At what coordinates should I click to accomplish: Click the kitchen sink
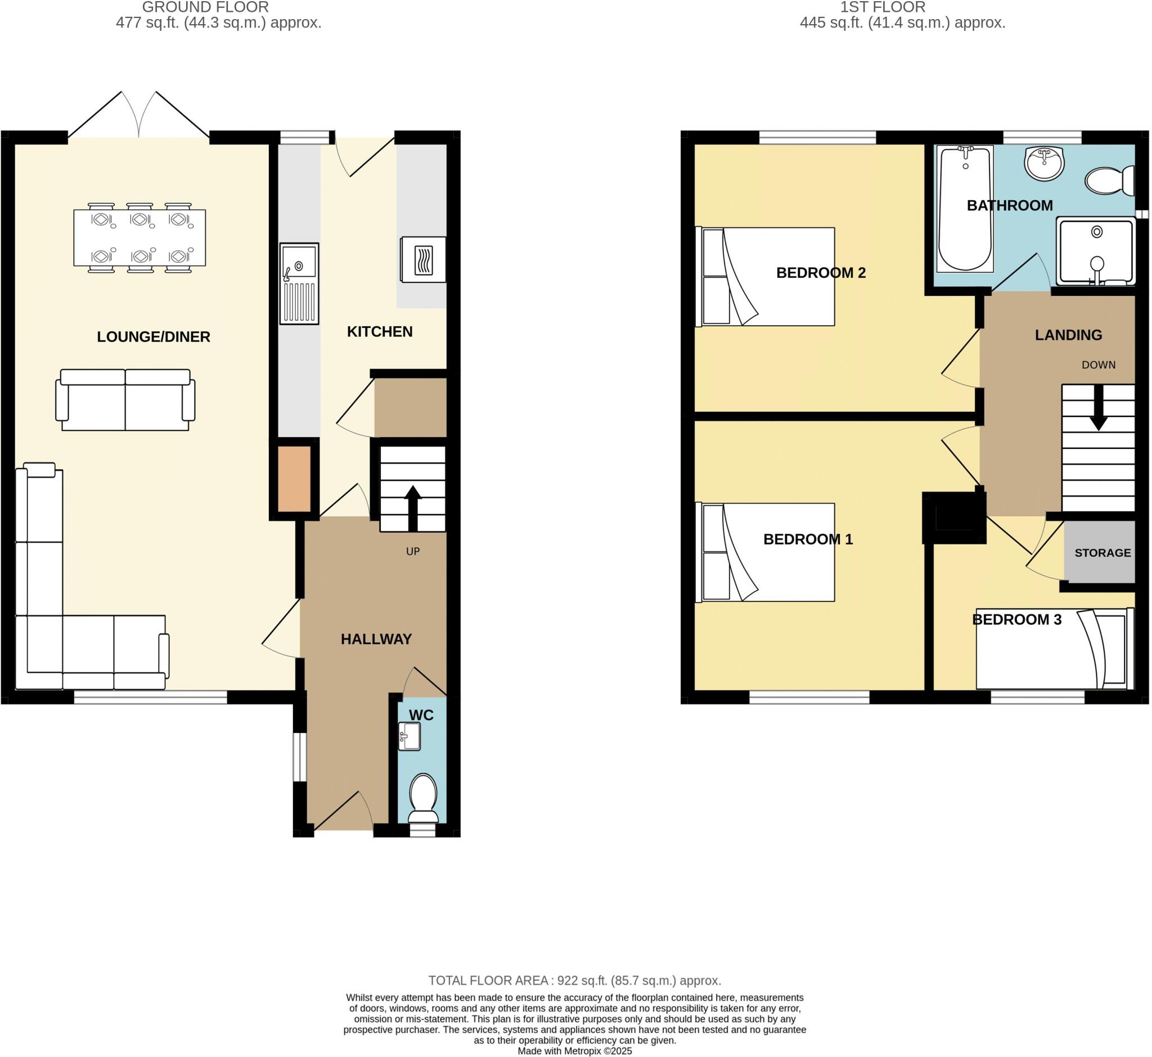point(299,283)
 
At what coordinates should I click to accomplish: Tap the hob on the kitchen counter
point(423,260)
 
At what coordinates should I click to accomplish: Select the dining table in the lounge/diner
point(139,237)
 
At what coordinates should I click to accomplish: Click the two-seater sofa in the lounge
point(125,401)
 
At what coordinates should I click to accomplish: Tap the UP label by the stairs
point(413,551)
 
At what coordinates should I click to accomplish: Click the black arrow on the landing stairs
point(1098,408)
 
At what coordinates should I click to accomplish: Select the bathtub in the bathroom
point(965,209)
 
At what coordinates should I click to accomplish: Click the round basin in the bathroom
point(1045,163)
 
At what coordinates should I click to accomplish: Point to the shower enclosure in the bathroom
point(1096,251)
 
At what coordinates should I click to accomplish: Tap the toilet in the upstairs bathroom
point(1110,180)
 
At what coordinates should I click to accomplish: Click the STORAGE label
point(1103,553)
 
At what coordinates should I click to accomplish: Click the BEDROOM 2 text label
point(821,273)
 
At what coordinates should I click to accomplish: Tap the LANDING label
point(1069,335)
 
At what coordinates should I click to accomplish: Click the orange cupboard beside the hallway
point(295,479)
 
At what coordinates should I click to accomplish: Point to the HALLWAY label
point(376,640)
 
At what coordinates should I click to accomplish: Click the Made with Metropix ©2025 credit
point(575,1051)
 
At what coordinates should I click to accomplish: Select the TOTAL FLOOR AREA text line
point(575,981)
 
